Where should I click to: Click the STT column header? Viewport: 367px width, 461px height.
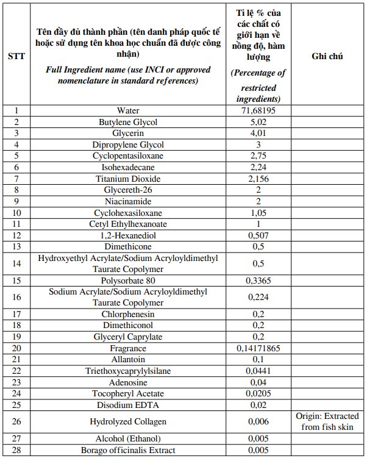tap(16, 56)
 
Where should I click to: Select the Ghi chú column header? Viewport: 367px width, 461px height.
tap(327, 56)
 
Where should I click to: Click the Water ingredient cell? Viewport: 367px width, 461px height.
tap(128, 111)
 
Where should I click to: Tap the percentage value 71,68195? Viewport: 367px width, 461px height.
tap(256, 111)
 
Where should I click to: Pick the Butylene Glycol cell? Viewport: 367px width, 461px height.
tap(128, 122)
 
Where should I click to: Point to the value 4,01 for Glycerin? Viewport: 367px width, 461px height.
tap(256, 134)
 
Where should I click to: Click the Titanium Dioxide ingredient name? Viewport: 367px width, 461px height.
tap(128, 179)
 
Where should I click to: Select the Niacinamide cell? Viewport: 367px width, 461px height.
tap(128, 201)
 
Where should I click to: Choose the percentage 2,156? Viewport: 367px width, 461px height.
tap(256, 179)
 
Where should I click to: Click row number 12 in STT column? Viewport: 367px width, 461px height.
tap(16, 235)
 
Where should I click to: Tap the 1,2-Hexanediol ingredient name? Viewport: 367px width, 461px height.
tap(128, 235)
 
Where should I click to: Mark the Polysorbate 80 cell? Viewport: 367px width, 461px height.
tap(128, 281)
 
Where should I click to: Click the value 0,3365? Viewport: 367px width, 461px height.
tap(256, 281)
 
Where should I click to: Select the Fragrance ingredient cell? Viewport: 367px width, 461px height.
tap(128, 349)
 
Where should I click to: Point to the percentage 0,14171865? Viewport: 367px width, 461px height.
tap(256, 349)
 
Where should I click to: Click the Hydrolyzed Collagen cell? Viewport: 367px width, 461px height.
tap(128, 421)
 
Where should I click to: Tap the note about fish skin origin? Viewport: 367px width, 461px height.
tap(327, 421)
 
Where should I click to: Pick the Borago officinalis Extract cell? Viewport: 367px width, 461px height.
tap(128, 450)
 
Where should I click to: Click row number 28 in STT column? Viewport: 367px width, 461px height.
tap(16, 450)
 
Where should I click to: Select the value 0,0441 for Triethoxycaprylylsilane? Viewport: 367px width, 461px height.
tap(256, 371)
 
